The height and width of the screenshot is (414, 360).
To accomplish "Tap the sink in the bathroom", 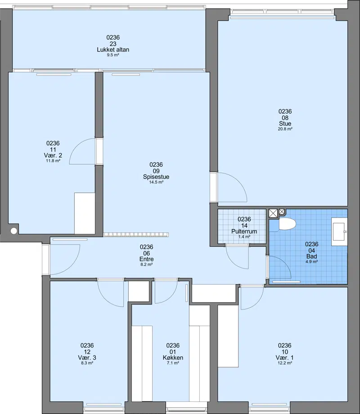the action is pos(339,232).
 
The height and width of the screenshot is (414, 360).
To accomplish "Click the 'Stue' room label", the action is pos(285,123).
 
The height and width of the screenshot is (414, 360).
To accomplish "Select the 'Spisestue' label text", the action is pos(156,177).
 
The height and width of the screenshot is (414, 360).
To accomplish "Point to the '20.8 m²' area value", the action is pos(285,129).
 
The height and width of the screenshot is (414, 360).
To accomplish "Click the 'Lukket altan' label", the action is pos(113,50).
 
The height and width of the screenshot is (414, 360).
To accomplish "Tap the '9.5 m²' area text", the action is pos(113,55).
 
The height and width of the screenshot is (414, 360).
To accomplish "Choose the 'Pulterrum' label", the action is pos(244,232).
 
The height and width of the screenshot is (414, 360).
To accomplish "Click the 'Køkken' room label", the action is pos(173,358).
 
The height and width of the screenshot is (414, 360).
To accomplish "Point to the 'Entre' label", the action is pos(147,259).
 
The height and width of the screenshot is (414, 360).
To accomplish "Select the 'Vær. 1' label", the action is pos(285,358).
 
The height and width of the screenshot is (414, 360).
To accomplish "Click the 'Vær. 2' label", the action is pos(53,155).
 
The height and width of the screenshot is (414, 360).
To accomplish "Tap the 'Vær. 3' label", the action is pos(87,358).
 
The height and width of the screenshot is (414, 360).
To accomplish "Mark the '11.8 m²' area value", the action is pos(53,161).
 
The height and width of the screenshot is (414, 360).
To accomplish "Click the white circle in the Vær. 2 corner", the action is pos(13,231).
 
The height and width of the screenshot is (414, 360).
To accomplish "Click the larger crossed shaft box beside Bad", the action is pos(273,213).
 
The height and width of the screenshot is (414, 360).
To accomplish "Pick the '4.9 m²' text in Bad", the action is pos(312,262).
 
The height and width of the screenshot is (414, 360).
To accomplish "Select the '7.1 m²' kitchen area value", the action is pos(173,363).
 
